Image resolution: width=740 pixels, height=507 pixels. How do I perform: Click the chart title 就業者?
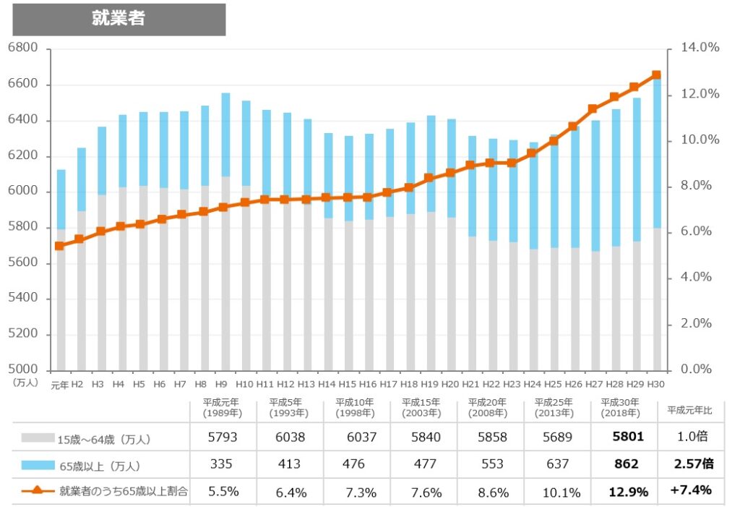coord(119,20)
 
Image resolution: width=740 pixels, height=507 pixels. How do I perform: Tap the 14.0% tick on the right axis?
coord(700,48)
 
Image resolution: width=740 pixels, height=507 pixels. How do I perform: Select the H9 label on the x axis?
coord(221,384)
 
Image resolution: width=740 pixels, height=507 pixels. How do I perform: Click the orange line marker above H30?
coord(657,75)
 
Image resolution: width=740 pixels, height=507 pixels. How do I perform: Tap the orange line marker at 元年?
coord(59,246)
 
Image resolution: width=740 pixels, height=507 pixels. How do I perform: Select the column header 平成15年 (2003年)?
coord(421,408)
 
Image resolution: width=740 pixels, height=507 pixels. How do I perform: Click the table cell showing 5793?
coord(222,438)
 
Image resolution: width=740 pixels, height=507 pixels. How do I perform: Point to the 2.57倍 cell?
coord(690,464)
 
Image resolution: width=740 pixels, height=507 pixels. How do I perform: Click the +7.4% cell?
coord(690,491)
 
